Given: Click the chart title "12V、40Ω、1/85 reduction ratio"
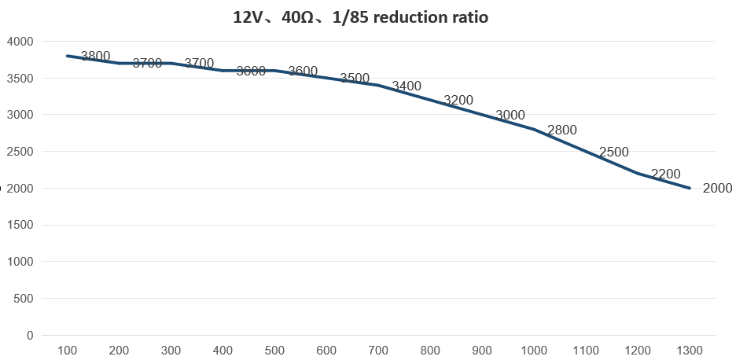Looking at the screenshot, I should (361, 17).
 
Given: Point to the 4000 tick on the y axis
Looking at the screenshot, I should (20, 42).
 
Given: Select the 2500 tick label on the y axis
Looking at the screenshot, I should (20, 152).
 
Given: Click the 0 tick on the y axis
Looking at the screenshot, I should (30, 336).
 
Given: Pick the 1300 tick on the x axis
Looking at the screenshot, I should (690, 351).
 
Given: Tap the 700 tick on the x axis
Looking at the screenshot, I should (378, 351).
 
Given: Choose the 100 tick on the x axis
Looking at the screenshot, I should (68, 351).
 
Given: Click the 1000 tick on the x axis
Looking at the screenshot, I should (534, 351).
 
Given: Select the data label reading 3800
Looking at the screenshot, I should (95, 56).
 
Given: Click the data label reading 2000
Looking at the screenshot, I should (717, 188).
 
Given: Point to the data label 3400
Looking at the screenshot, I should (407, 86).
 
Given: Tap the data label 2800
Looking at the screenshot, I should (562, 130).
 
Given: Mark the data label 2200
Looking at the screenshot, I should (666, 174).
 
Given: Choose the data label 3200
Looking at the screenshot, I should (458, 100).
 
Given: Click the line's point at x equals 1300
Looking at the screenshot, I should (690, 189).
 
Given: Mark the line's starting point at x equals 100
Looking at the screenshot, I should (68, 56).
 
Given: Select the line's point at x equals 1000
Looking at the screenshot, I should (534, 130).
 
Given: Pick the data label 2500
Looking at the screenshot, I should (614, 152).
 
